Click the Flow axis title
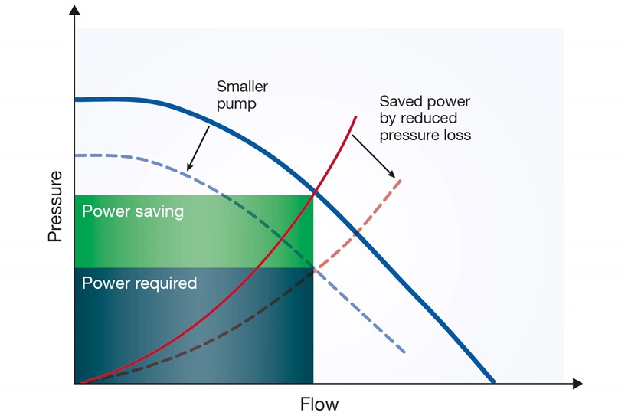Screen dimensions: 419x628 319,403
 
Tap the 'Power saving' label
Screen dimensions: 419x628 132,211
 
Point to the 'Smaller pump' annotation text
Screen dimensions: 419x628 241,95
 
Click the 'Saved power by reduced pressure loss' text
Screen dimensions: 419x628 425,118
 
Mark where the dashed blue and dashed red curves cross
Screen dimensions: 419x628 314,268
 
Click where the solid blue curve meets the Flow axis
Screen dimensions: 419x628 493,381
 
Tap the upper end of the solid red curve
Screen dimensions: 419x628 355,117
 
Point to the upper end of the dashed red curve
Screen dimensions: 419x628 400,179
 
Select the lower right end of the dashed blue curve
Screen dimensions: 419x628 404,352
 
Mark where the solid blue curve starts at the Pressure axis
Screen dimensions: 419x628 77,100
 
